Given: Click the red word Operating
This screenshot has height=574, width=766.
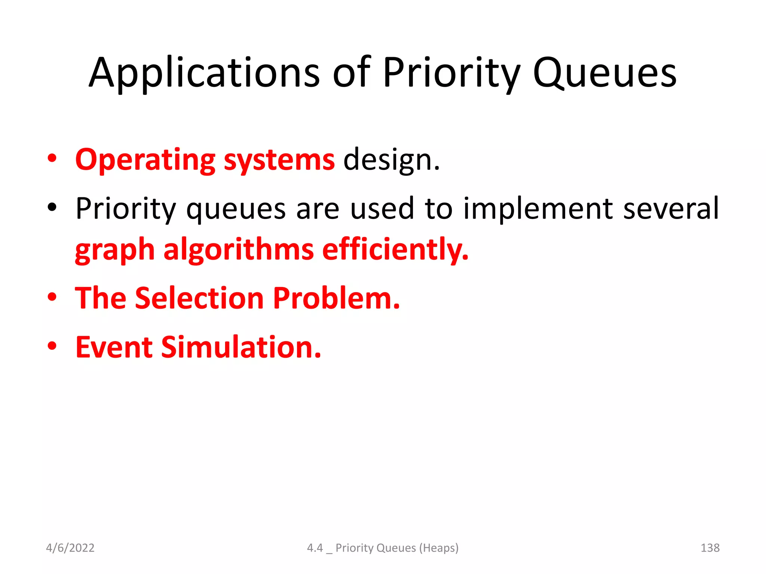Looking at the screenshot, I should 145,160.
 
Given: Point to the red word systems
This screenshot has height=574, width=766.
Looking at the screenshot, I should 279,160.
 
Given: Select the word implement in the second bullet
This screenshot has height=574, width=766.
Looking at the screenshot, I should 538,208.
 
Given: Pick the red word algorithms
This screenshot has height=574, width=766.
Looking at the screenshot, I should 238,250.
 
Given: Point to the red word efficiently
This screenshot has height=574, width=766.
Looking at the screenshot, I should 395,250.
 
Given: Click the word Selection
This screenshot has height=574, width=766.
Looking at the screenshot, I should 199,298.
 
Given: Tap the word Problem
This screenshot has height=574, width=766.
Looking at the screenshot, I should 336,298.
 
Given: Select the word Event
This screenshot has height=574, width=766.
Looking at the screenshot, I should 114,347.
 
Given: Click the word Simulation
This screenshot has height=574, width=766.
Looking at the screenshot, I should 240,347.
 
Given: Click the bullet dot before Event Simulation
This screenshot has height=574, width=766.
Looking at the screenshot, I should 52,346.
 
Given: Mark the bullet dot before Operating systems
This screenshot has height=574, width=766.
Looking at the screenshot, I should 52,158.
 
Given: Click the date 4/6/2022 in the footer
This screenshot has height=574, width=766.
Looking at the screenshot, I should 70,548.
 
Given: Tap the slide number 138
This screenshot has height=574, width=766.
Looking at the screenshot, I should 710,548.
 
